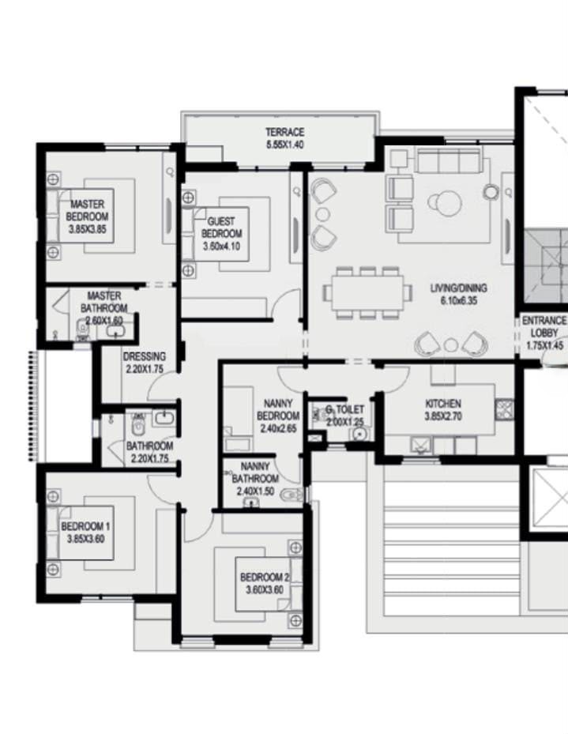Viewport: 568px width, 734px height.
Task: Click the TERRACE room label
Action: coord(285,132)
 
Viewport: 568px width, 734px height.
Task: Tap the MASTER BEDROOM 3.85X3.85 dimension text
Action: coord(87,229)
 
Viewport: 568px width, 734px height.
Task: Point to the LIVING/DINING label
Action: coord(458,288)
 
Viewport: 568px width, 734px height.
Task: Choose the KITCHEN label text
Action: coord(443,403)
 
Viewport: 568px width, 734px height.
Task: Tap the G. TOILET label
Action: coord(344,409)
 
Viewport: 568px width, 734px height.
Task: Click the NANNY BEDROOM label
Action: coord(278,409)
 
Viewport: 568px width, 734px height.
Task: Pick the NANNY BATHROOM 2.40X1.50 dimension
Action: coord(255,491)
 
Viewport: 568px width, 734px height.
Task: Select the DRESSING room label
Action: coord(144,356)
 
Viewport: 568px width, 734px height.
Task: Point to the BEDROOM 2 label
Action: coord(265,578)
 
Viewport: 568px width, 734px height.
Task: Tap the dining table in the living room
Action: coord(368,293)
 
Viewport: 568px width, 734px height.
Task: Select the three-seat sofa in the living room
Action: coord(450,160)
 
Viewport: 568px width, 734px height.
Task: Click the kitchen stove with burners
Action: coord(504,409)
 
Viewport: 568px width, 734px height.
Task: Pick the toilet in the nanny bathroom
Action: coord(293,495)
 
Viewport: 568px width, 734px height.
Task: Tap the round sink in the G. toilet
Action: coord(359,435)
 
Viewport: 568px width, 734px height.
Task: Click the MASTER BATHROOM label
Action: coord(103,302)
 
